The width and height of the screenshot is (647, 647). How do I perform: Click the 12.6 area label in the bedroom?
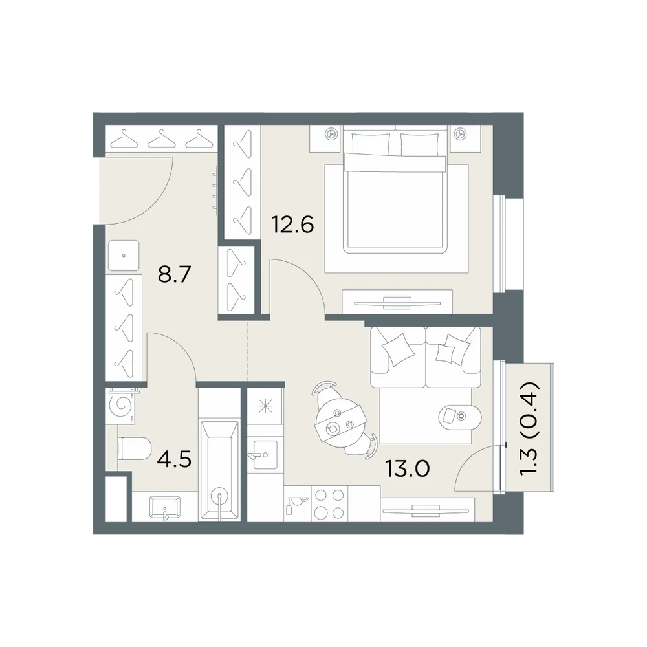pos(292,225)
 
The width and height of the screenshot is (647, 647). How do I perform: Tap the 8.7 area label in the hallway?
pos(174,274)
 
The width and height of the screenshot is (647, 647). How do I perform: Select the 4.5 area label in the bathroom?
pos(175,459)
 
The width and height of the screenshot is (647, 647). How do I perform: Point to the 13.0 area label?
pos(407,468)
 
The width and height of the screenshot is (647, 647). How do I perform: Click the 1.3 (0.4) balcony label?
pos(529,429)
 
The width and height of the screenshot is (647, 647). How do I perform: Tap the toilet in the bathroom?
pos(135,449)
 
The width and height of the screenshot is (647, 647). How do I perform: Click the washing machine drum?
pos(121,406)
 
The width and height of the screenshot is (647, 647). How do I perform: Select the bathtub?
pos(219,470)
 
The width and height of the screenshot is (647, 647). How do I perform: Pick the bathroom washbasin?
pos(165,507)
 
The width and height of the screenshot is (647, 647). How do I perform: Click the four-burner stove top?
pos(329,504)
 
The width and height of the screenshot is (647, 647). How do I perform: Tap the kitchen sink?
pos(265,455)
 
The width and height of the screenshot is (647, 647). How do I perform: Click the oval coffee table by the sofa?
pos(459,417)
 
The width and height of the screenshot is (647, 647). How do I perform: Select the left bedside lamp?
pos(330,134)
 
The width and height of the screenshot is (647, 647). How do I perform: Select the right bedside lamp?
pos(459,134)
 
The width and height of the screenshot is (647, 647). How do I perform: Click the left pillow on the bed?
pos(371,144)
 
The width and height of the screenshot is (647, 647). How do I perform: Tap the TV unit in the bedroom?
pos(397,302)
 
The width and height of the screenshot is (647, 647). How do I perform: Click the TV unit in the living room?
pos(428,510)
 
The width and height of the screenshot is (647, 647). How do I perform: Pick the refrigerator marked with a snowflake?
pos(265,407)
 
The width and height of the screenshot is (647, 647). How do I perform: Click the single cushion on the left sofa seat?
pos(398,349)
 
